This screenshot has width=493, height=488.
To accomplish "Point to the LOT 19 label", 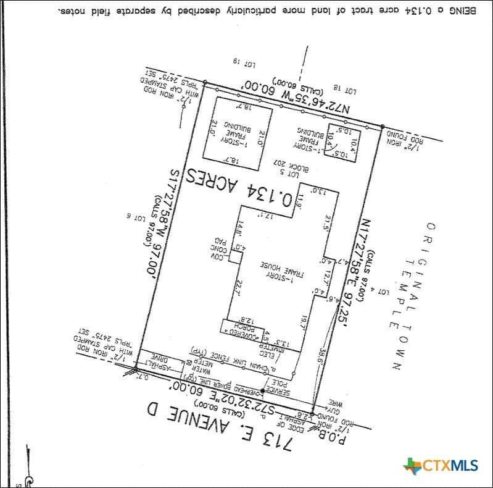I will (x=245, y=62).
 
